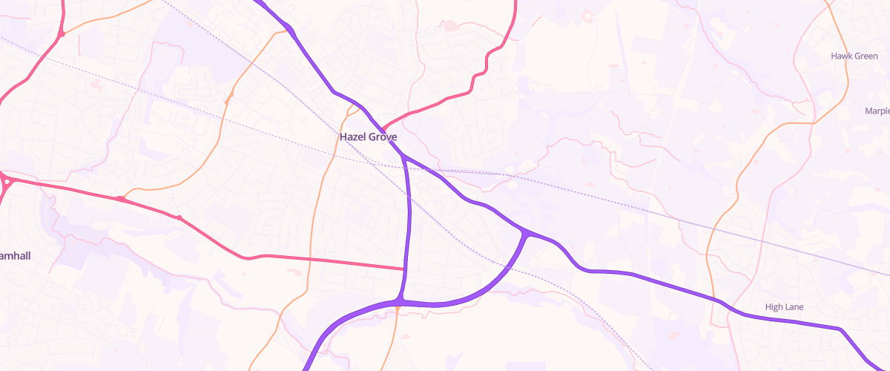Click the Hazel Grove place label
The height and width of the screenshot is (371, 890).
(368, 137)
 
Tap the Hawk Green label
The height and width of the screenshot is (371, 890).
(854, 56)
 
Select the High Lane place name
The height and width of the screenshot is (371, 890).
(784, 306)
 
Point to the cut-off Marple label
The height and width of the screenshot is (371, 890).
(877, 111)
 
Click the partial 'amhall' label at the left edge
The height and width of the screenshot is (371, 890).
(16, 255)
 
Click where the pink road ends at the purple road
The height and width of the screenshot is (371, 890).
(405, 269)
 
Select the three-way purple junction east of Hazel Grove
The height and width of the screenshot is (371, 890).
(526, 234)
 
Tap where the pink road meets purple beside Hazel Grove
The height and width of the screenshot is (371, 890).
(383, 128)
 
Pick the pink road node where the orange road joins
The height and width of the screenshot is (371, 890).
(120, 199)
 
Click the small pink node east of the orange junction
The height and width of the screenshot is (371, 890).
(179, 217)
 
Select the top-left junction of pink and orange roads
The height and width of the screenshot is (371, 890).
(62, 34)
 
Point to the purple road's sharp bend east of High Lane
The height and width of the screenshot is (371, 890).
(840, 329)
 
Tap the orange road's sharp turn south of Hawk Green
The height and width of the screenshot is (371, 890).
(814, 122)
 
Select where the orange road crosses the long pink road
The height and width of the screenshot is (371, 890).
(309, 260)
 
